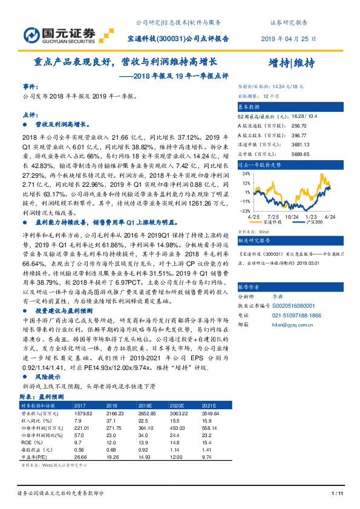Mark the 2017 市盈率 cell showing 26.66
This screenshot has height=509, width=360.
[80, 440]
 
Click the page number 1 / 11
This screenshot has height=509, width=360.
[338, 494]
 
